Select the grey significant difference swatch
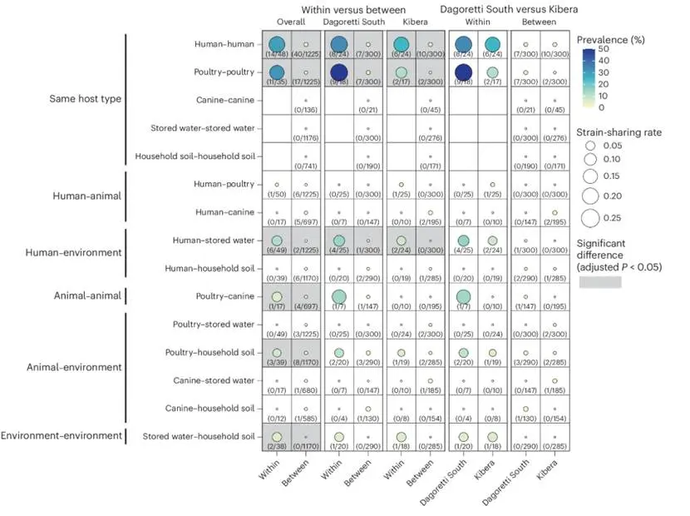click(x=600, y=283)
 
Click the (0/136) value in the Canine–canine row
click(x=307, y=111)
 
